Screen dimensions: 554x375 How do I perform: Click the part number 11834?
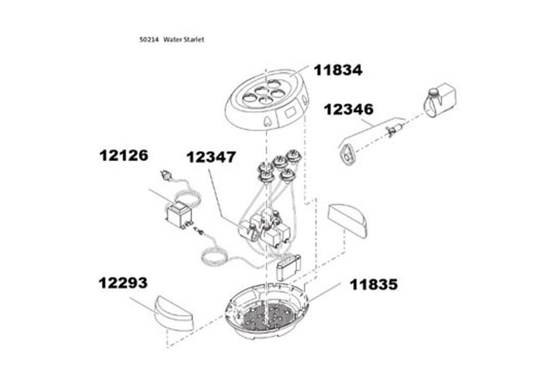[338, 70]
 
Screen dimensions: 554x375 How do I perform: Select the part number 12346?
[348, 109]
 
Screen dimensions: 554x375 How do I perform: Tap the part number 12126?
[124, 155]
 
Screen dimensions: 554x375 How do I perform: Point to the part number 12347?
[211, 157]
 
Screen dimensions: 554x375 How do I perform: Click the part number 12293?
[123, 283]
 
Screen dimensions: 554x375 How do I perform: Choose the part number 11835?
[374, 284]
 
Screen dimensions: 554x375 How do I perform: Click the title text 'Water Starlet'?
[184, 40]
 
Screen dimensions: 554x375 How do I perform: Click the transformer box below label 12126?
[179, 214]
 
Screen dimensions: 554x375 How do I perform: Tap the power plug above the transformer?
[165, 174]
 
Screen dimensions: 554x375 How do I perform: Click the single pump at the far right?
[439, 100]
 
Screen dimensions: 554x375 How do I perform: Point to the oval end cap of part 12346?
[347, 155]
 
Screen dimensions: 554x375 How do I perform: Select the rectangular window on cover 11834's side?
[290, 112]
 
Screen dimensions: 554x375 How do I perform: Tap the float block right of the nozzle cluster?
[348, 219]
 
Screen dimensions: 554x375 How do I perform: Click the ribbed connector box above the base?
[288, 267]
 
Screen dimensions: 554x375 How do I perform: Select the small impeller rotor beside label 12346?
[393, 130]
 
